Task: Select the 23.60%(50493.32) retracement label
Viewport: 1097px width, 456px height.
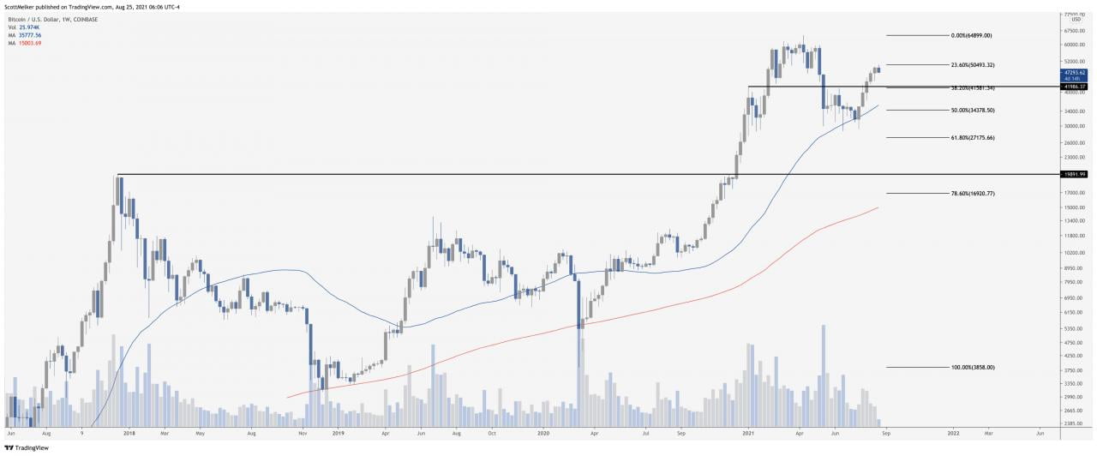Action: point(973,65)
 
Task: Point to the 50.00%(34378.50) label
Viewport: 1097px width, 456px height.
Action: point(973,110)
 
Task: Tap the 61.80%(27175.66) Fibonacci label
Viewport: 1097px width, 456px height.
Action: point(973,137)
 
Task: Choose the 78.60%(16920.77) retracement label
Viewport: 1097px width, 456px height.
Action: point(973,194)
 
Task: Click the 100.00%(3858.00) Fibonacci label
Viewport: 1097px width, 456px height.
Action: point(973,367)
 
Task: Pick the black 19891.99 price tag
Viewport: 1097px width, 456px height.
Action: point(1074,174)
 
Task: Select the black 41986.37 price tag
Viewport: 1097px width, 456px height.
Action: point(1074,87)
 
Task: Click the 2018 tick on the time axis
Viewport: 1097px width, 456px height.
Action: point(129,433)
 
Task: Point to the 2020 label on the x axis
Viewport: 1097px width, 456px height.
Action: point(542,433)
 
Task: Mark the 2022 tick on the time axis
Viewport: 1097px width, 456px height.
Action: point(953,433)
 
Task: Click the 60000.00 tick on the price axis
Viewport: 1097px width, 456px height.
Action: point(1074,45)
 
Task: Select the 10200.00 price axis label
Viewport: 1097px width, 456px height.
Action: point(1074,252)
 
